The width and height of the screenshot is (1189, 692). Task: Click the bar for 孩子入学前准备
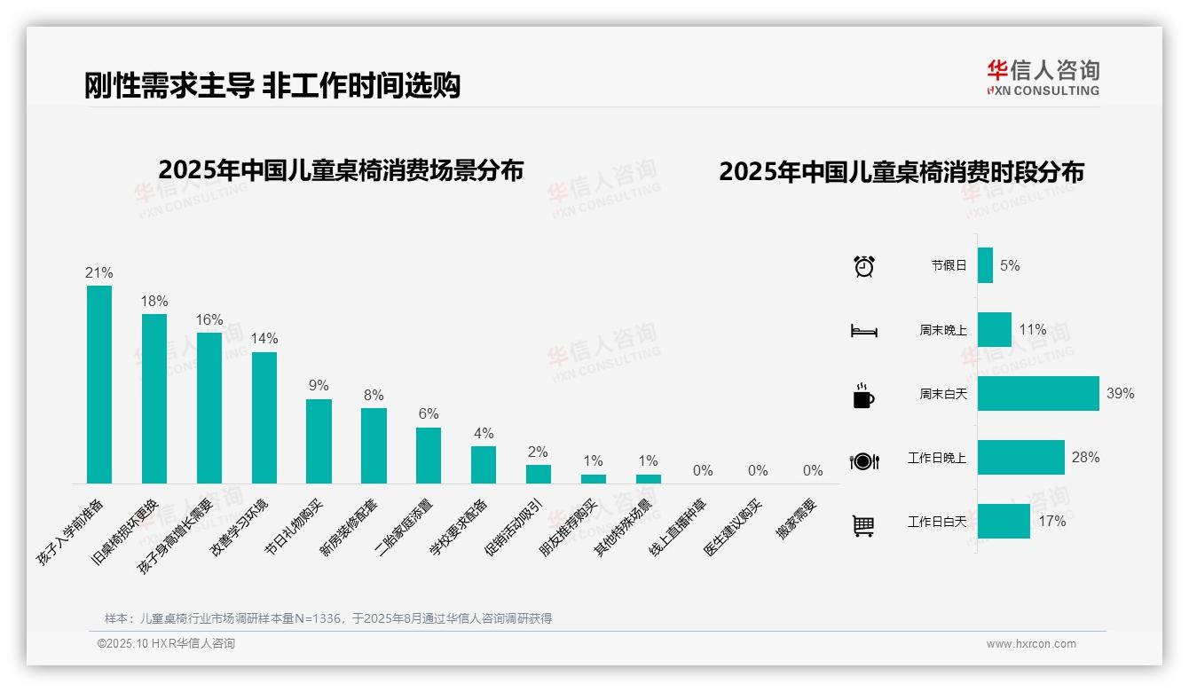click(x=99, y=384)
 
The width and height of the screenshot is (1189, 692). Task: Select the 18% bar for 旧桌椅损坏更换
click(x=154, y=398)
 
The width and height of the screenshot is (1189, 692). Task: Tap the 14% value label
click(x=264, y=339)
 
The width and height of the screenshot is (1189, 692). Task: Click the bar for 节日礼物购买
click(x=319, y=441)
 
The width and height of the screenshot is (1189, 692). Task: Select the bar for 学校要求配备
click(x=484, y=464)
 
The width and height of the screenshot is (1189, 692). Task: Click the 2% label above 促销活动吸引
click(x=538, y=452)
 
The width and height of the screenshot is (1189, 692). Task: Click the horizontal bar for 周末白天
click(x=1038, y=393)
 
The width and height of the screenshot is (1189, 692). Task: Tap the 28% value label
click(x=1085, y=458)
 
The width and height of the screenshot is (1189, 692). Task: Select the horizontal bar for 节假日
click(x=985, y=265)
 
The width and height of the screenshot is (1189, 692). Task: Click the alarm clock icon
click(x=864, y=266)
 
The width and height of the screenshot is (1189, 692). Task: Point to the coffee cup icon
click(x=863, y=396)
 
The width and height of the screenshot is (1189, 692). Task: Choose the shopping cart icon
click(x=863, y=526)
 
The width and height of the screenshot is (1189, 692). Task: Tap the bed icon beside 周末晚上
click(x=863, y=331)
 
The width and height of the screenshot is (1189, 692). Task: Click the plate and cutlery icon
click(x=863, y=461)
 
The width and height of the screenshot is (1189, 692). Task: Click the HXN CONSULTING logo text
click(x=1043, y=90)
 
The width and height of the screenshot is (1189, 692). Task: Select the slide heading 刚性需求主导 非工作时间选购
click(x=272, y=86)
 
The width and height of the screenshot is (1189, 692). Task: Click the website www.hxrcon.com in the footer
click(x=1031, y=644)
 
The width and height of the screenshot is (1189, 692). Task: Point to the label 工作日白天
click(x=936, y=522)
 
